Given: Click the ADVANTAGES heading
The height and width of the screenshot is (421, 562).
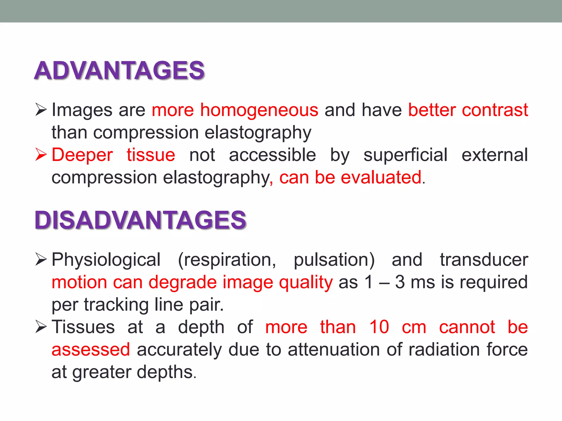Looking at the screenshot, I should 119,70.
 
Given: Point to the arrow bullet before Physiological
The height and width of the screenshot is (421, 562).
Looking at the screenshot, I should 41,259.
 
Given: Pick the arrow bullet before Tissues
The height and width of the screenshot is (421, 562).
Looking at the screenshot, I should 41,327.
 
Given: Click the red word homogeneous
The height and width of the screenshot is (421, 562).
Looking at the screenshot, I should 259,110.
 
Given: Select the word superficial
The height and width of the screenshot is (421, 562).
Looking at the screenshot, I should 405,155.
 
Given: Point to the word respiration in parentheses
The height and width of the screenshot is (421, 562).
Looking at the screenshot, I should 228,260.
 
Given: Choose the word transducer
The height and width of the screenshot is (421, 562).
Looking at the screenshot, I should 484,260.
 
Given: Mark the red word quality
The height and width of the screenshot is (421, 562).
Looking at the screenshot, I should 306,282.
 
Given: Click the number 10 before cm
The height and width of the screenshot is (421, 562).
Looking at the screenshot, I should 379,327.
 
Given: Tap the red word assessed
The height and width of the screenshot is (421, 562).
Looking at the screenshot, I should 91,350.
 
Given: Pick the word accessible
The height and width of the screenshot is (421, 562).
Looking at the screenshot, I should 272,155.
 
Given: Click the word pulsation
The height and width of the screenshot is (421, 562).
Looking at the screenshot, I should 334,260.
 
